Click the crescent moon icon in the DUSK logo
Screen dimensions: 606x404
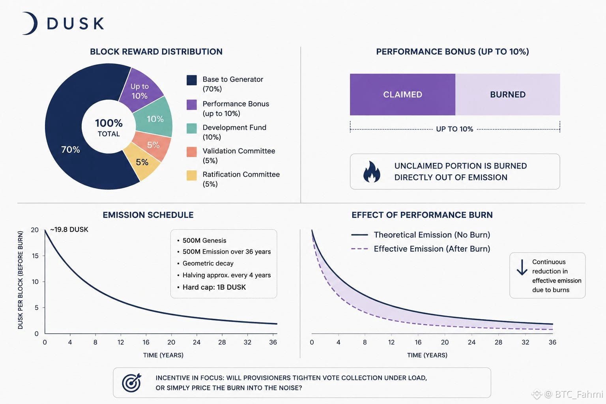pyautogui.click(x=33, y=23)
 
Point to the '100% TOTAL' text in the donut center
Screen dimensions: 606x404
pyautogui.click(x=109, y=127)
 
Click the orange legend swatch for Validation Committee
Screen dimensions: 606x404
pyautogui.click(x=191, y=152)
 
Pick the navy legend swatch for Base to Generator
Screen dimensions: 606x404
pyautogui.click(x=191, y=80)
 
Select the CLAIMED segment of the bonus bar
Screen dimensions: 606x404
pyautogui.click(x=402, y=94)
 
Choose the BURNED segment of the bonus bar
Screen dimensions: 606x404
pyautogui.click(x=507, y=94)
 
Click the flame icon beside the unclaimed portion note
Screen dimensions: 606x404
pyautogui.click(x=372, y=172)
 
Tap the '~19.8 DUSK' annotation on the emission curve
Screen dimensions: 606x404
pyautogui.click(x=69, y=230)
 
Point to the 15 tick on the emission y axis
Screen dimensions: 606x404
pyautogui.click(x=35, y=256)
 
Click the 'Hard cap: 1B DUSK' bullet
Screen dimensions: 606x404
pyautogui.click(x=214, y=287)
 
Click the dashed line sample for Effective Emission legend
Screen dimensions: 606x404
pyautogui.click(x=359, y=249)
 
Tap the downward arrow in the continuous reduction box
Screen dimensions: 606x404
pyautogui.click(x=522, y=267)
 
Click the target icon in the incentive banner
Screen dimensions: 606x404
pyautogui.click(x=132, y=383)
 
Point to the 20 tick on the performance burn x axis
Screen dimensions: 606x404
pyautogui.click(x=445, y=342)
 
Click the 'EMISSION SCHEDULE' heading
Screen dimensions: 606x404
pyautogui.click(x=148, y=215)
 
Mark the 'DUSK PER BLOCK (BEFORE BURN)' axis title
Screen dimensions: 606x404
pyautogui.click(x=20, y=280)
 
